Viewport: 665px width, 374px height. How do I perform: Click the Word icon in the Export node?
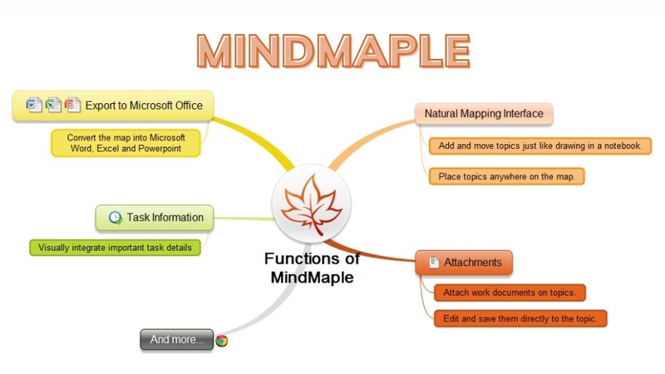pos(33,105)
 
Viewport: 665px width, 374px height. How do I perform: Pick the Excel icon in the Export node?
pos(53,105)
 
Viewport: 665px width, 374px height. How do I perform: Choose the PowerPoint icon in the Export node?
pos(72,105)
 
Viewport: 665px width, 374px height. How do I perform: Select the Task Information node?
pos(155,218)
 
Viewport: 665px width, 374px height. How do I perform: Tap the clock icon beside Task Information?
pos(114,218)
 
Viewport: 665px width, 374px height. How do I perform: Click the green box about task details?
pos(115,247)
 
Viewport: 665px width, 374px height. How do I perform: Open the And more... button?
pos(176,339)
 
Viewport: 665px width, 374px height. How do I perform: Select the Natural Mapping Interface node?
pos(483,113)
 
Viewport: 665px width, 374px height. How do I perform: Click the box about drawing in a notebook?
pos(539,146)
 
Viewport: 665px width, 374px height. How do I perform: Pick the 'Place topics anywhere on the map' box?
pos(507,175)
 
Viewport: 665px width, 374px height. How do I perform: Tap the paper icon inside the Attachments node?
pos(433,263)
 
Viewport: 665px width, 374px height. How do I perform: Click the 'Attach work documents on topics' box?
pos(510,292)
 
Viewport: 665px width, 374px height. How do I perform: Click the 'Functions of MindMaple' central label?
pos(312,268)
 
